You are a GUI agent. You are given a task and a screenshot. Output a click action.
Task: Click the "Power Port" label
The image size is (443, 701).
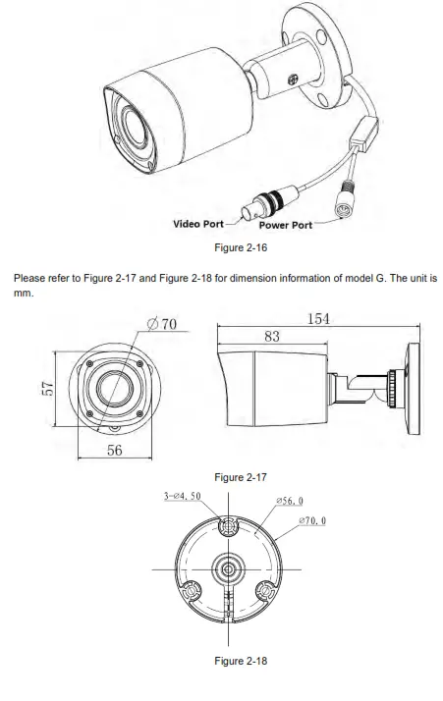[x=286, y=225]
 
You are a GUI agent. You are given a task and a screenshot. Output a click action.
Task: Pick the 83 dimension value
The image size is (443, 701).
[x=271, y=337]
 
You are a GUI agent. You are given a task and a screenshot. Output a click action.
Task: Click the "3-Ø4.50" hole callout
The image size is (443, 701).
[x=182, y=497]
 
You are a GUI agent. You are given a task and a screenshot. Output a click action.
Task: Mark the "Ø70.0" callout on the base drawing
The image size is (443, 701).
[x=310, y=522]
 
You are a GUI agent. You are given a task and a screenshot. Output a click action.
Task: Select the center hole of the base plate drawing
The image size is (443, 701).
[x=227, y=568]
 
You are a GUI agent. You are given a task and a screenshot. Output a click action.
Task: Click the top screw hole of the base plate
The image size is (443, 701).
[x=227, y=526]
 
